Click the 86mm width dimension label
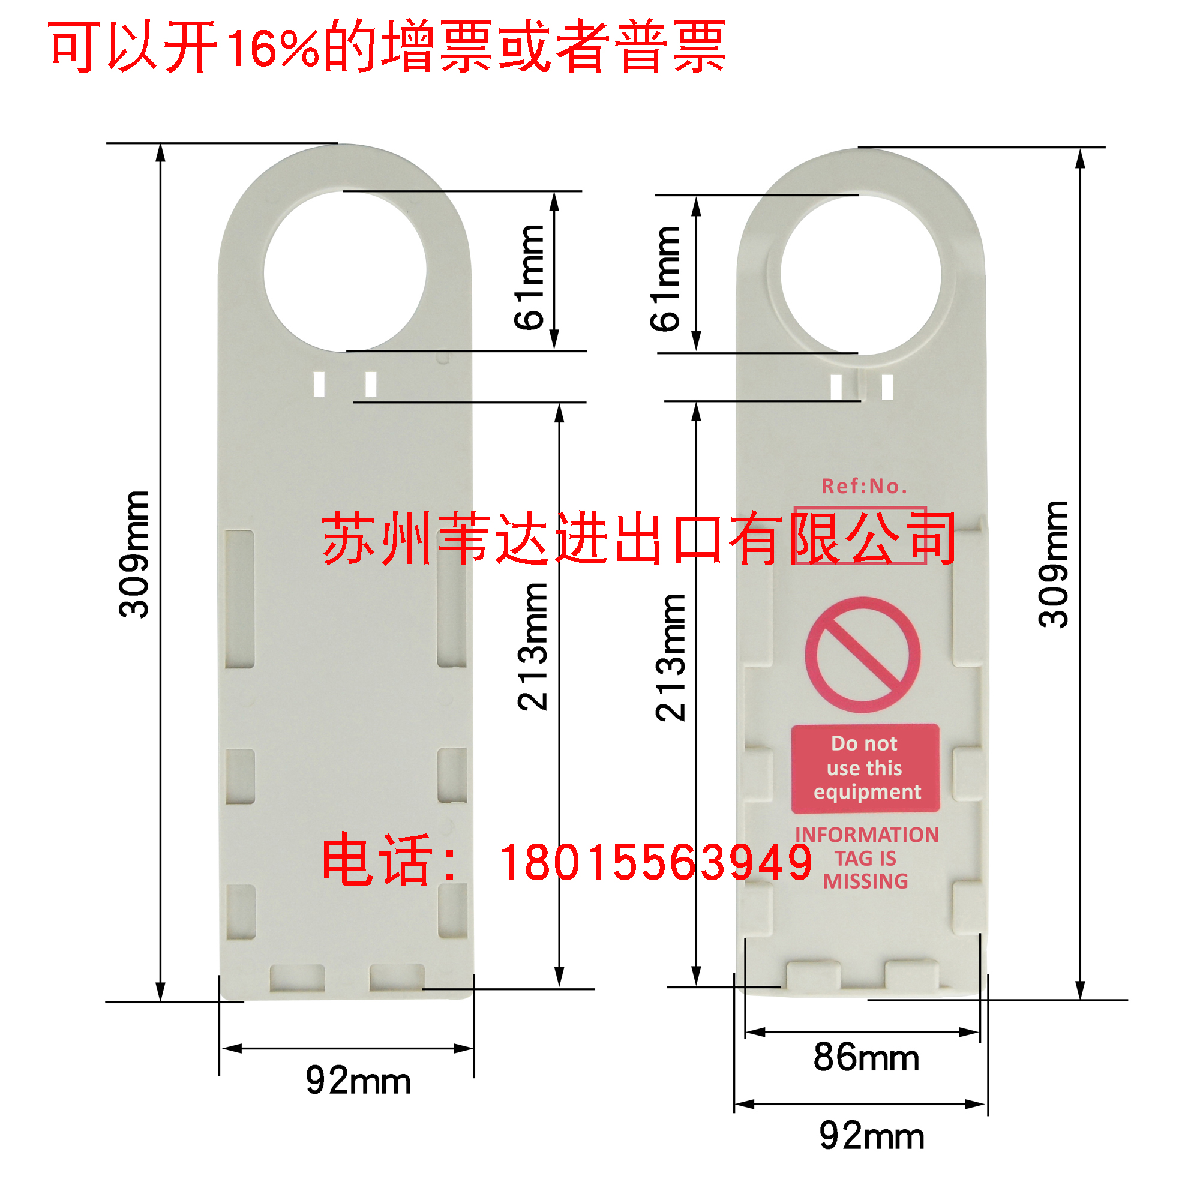click(x=866, y=1058)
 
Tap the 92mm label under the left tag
click(x=358, y=1081)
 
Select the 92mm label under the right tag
click(x=871, y=1136)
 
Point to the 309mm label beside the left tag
click(x=134, y=554)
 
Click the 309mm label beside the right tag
click(x=1054, y=564)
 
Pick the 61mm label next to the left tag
click(x=530, y=277)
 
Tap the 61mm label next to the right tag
click(x=665, y=279)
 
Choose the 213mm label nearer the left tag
click(x=533, y=647)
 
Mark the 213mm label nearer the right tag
click(x=671, y=657)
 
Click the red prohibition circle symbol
click(x=862, y=655)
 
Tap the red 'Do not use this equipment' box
click(x=865, y=768)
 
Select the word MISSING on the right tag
click(x=865, y=881)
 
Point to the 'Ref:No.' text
click(x=864, y=487)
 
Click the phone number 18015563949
click(x=656, y=863)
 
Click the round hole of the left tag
click(x=345, y=272)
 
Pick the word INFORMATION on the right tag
click(x=866, y=835)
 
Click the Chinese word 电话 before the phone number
click(x=376, y=860)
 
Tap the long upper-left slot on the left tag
click(x=239, y=599)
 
